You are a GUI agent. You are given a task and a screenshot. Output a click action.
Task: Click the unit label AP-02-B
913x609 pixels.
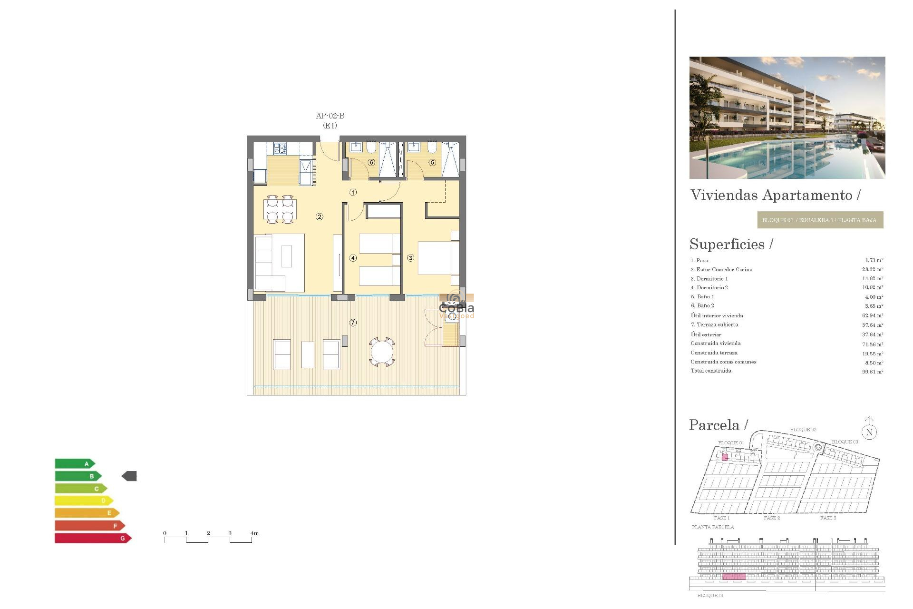[330, 116]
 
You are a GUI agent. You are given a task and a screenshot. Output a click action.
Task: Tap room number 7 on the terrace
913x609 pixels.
[353, 323]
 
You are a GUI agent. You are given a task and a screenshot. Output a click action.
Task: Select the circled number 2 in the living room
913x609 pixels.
[320, 217]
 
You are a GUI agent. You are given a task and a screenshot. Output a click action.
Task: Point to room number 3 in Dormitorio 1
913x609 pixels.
[410, 258]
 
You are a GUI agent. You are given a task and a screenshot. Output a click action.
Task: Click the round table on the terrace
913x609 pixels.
[382, 353]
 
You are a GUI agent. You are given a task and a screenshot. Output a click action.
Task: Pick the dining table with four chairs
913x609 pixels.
[280, 209]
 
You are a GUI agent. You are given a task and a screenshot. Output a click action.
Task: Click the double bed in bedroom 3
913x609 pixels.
[435, 257]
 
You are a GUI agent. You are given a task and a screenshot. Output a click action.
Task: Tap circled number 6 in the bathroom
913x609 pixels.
[371, 162]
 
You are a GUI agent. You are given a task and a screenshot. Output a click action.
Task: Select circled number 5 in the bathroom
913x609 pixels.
[432, 162]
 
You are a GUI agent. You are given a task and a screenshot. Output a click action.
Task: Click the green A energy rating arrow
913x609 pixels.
[75, 463]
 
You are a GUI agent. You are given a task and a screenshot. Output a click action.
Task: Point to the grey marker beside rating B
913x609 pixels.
[129, 476]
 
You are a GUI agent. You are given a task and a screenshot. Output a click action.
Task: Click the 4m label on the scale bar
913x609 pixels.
[255, 533]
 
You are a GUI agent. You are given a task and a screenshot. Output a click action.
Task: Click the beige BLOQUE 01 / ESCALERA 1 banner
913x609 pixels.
[820, 220]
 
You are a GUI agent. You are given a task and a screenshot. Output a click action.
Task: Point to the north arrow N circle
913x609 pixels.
[869, 432]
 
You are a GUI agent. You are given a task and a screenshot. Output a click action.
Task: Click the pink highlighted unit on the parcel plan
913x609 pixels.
[725, 457]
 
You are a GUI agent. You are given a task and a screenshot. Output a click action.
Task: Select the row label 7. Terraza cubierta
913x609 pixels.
[714, 324]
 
